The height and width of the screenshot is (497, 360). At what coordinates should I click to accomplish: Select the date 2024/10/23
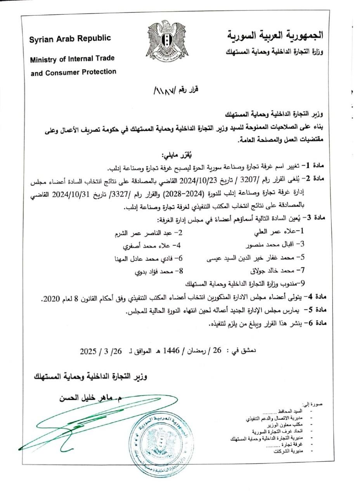204,180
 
